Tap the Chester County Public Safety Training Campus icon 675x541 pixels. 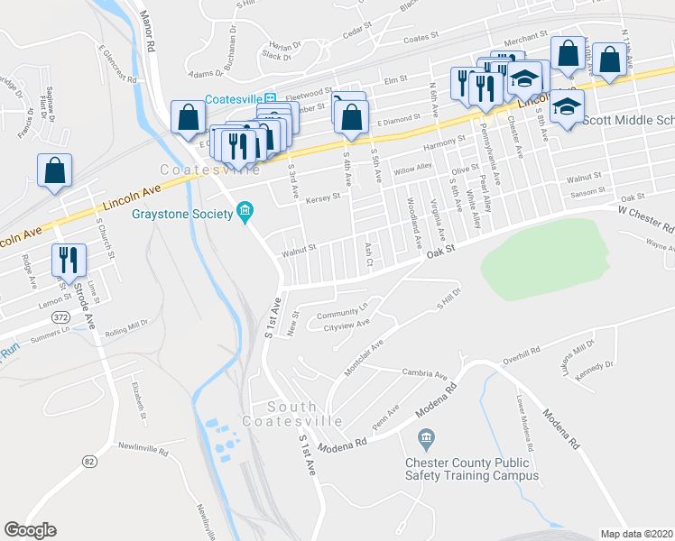(x=427, y=440)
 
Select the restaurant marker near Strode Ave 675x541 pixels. (x=69, y=261)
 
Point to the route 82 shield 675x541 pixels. (x=88, y=462)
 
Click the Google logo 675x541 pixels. (x=31, y=530)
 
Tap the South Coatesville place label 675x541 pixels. (x=291, y=414)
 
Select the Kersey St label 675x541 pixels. (x=323, y=196)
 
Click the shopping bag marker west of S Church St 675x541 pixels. (x=54, y=170)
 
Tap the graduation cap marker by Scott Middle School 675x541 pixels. (x=566, y=109)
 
